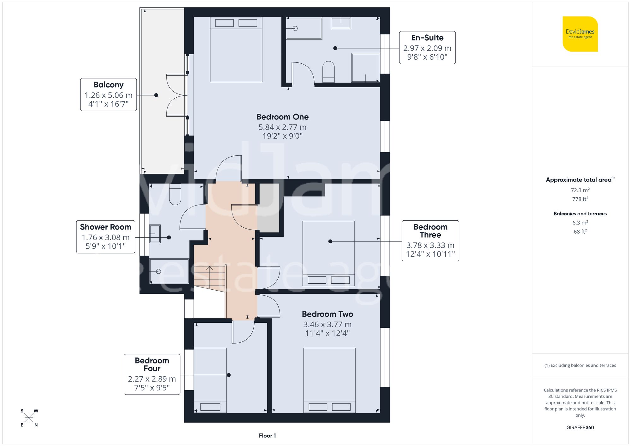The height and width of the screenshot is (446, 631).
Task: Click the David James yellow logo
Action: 580,34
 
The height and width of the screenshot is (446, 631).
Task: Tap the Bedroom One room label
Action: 282,117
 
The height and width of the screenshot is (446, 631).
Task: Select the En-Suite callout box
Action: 427,48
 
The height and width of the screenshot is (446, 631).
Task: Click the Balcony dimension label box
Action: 109,95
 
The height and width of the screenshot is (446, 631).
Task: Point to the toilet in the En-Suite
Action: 328,71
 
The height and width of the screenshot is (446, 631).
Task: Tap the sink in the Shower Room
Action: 155,234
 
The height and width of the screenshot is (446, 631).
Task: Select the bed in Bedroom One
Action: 236,50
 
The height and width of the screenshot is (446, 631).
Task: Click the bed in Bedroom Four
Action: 210,380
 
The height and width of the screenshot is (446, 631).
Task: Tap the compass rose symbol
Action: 29,418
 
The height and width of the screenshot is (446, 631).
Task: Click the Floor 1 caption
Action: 267,436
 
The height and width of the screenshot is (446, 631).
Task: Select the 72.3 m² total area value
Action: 580,190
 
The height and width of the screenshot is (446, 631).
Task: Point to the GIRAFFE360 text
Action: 580,427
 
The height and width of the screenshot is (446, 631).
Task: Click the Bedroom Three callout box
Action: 430,240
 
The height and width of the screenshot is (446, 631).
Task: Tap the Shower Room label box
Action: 106,237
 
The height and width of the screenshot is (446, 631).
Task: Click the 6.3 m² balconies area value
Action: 580,223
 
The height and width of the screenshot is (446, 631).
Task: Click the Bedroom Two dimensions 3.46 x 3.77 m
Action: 327,324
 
